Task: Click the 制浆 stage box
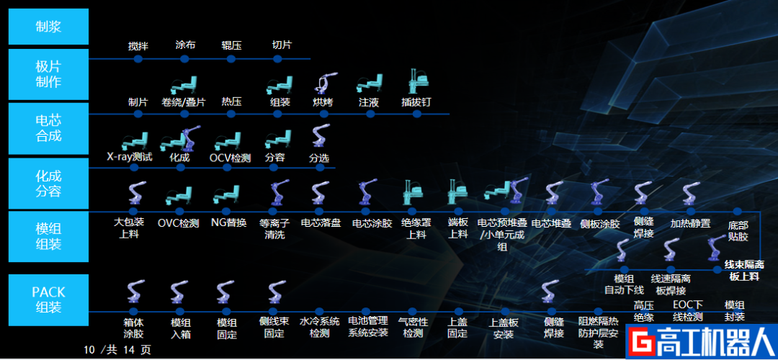48,27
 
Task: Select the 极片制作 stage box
48,74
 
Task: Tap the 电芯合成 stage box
48,128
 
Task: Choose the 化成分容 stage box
48,184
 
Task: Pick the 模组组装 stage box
48,237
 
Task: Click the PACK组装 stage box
48,300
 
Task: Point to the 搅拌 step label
138,46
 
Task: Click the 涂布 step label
185,45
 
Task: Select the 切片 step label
282,45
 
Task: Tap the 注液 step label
369,102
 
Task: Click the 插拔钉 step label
416,102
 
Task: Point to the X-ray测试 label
130,156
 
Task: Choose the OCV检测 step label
230,157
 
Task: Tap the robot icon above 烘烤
323,83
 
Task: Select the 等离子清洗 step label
274,228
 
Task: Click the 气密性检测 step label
413,327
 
